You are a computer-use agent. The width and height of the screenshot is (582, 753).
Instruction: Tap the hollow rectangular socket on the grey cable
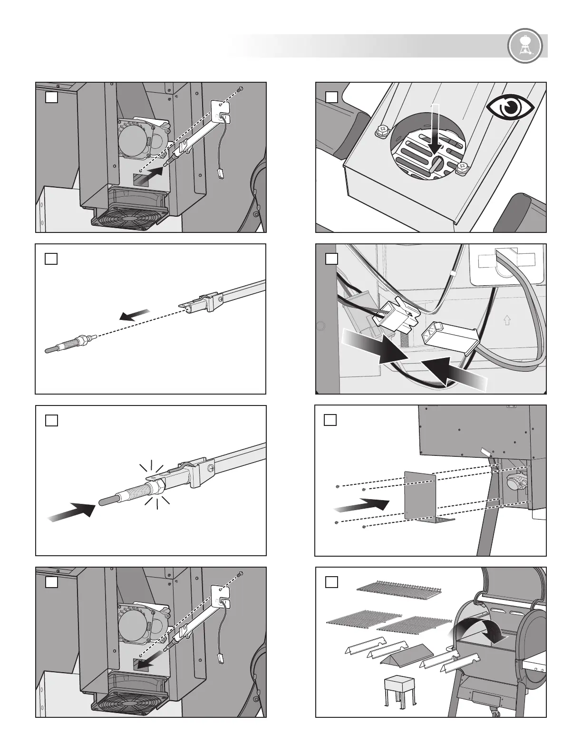pyautogui.click(x=450, y=333)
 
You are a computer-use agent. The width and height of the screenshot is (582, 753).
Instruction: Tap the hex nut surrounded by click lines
pyautogui.click(x=155, y=485)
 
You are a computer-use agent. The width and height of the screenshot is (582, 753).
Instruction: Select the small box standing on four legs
pyautogui.click(x=400, y=694)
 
